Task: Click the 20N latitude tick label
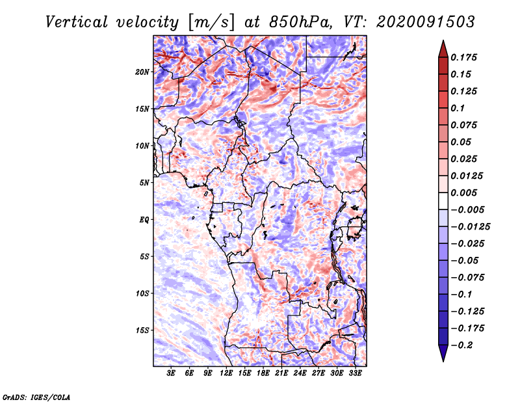[142, 72]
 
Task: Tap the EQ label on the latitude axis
[144, 220]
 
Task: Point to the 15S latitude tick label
[142, 330]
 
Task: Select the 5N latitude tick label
[144, 183]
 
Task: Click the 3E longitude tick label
[171, 373]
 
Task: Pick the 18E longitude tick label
[263, 373]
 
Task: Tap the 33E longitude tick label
[355, 373]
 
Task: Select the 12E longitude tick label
[226, 373]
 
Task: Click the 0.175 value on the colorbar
[463, 57]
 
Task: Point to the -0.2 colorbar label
[461, 345]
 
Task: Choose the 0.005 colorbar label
[463, 193]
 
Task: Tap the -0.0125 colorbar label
[470, 227]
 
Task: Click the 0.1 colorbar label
[458, 108]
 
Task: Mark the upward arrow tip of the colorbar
[443, 40]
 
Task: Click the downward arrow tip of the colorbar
[443, 361]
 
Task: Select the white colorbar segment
[443, 201]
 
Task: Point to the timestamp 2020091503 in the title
[426, 22]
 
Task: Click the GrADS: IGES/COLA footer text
[36, 397]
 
